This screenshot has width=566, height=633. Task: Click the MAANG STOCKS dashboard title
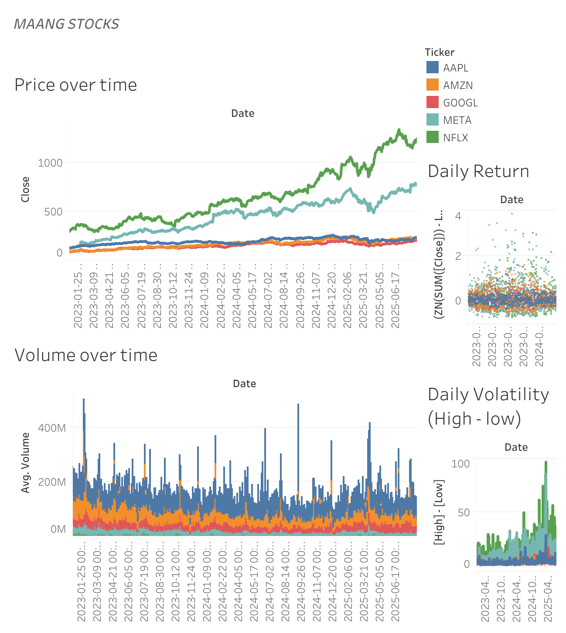(66, 24)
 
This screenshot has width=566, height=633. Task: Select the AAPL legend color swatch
(432, 67)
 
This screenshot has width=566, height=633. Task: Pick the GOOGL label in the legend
(460, 103)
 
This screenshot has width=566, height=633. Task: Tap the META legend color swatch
(432, 119)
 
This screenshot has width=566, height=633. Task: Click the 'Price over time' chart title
(76, 85)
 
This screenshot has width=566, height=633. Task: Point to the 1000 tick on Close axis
(50, 163)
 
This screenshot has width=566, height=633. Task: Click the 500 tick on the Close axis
(54, 212)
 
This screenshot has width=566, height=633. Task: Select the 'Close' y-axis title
(25, 189)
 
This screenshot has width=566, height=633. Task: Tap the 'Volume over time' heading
(86, 355)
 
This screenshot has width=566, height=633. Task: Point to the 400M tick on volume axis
(52, 428)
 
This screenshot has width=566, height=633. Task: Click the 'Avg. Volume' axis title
(25, 463)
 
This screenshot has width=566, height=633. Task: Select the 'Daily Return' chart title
(478, 171)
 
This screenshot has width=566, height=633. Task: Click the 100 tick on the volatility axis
(460, 463)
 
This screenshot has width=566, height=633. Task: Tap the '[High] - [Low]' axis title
(439, 512)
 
